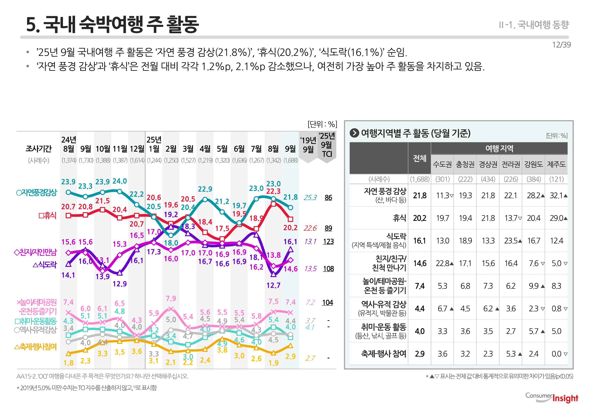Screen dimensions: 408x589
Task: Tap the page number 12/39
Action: (x=561, y=45)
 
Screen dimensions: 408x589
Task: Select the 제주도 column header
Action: (x=556, y=164)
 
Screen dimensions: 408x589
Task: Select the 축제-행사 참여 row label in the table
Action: (x=383, y=354)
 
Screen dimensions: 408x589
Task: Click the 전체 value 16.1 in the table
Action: (x=419, y=241)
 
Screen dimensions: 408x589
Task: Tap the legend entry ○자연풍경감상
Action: (x=36, y=193)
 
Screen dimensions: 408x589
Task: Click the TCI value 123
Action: (x=328, y=242)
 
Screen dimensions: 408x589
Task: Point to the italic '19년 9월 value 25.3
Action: (x=310, y=198)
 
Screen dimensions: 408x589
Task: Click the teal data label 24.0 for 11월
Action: (x=120, y=181)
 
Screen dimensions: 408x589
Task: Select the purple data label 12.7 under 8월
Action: (x=273, y=285)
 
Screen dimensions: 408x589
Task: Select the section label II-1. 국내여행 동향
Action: (x=534, y=25)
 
